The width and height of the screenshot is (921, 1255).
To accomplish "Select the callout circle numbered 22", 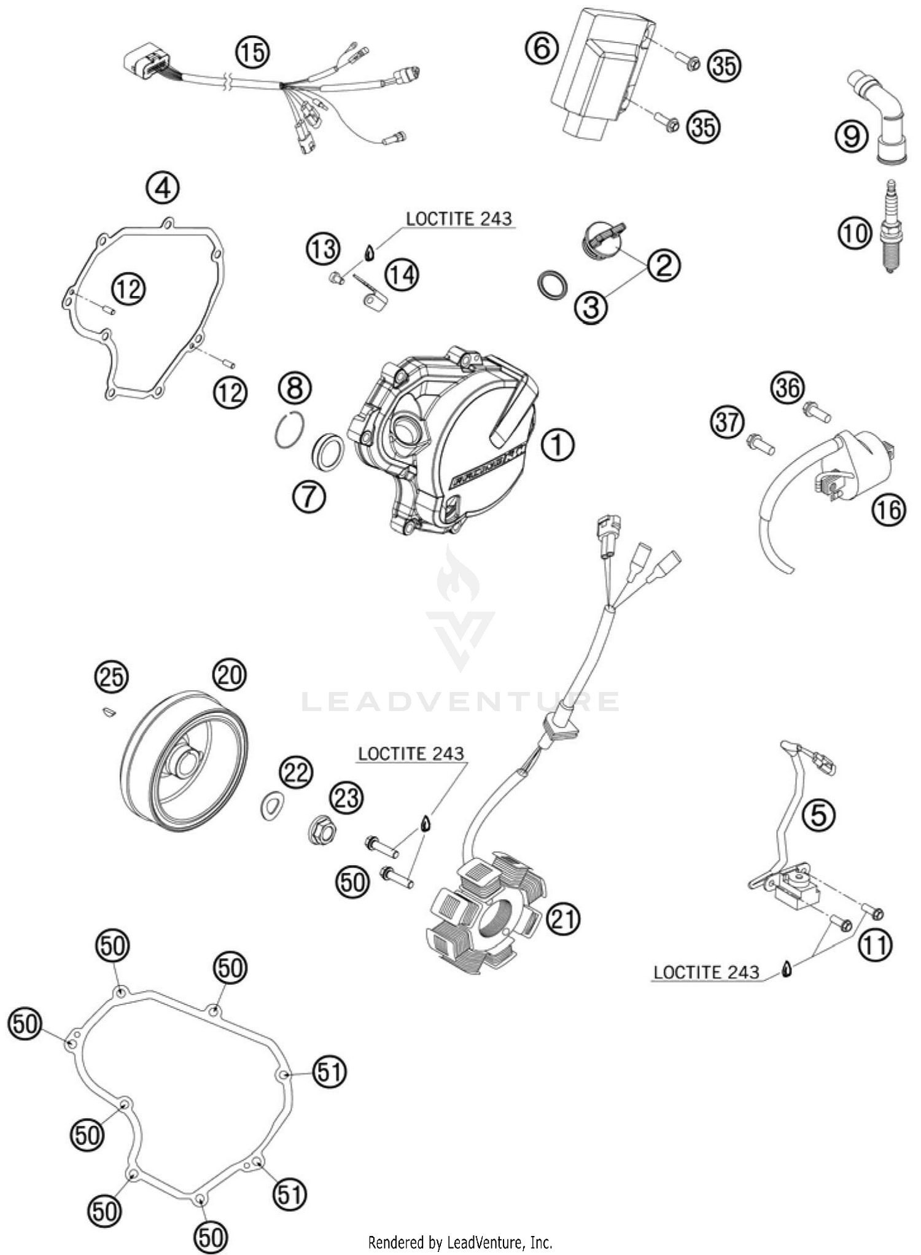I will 296,772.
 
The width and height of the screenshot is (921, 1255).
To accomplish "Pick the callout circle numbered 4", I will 163,188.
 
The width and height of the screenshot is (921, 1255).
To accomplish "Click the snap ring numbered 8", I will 289,430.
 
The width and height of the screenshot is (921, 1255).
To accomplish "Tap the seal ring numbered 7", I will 328,453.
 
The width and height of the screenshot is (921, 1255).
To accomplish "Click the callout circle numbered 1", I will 558,445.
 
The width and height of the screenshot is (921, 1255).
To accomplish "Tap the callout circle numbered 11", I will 874,946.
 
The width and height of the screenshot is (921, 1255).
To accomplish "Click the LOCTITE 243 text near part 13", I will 459,219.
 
